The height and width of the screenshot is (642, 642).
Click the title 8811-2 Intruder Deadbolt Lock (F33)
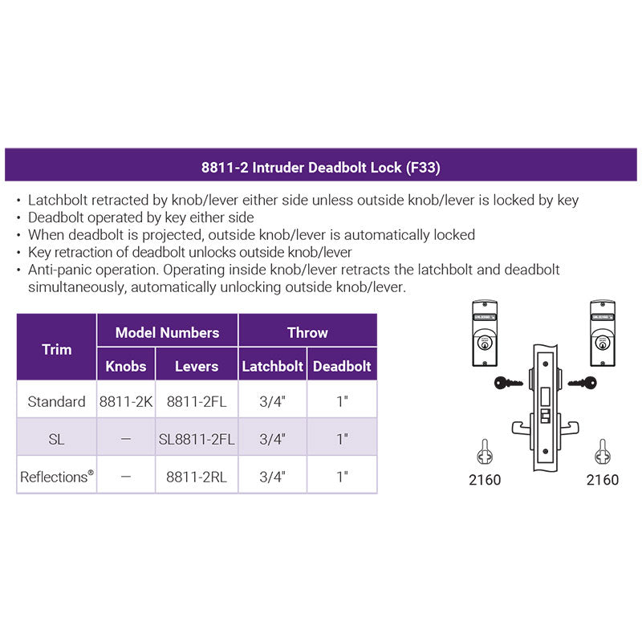[320, 168]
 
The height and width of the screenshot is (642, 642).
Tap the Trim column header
[56, 349]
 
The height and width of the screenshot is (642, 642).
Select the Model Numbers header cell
[167, 332]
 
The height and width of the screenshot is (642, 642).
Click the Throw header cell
[307, 332]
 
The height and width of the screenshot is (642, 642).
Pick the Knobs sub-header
[126, 366]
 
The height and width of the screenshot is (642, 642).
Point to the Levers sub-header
[197, 366]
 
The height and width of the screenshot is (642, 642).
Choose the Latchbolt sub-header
[272, 366]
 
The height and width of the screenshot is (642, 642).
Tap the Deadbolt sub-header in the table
[342, 366]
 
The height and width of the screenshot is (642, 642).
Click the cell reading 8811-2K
[126, 402]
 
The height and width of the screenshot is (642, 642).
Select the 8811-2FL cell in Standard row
[197, 402]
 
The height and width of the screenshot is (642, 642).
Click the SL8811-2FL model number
[197, 439]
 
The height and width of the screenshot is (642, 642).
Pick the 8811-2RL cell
[197, 477]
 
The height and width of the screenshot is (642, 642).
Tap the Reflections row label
[56, 477]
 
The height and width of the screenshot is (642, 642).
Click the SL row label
[56, 439]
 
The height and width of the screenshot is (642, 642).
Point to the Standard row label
[56, 402]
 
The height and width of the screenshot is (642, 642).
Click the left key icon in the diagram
[508, 384]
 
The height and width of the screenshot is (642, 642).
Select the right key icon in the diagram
[583, 384]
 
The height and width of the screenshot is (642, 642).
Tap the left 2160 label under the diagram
[485, 480]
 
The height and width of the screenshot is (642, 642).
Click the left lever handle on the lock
[522, 429]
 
